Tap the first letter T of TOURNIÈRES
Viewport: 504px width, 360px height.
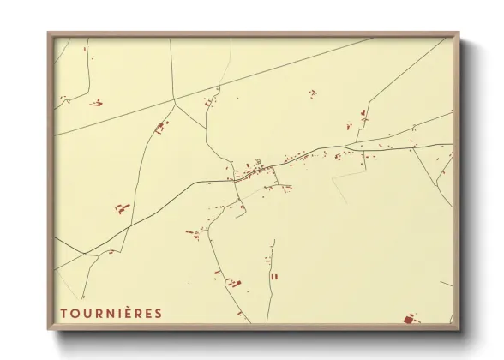coord(63,313)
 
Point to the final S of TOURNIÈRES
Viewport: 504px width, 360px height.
coord(158,313)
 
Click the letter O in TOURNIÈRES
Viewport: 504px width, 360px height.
coord(75,313)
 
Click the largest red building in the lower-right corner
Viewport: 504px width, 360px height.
coord(409,319)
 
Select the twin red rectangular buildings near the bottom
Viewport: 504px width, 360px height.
coord(274,277)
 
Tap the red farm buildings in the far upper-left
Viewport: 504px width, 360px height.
coord(96,103)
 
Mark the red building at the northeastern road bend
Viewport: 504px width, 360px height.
coord(363,113)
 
